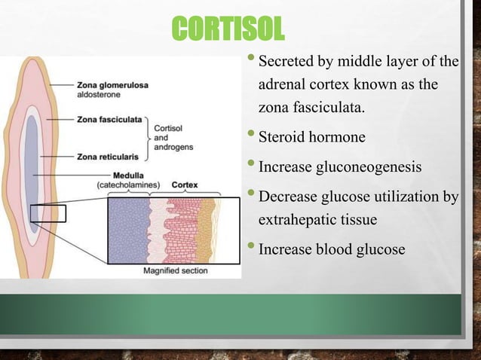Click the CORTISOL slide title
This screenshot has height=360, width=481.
coord(228,30)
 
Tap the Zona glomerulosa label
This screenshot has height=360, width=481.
coord(112,85)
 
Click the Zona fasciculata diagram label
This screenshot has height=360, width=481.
coord(109,119)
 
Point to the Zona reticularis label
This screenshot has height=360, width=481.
coord(107,157)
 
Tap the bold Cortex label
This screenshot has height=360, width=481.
coord(185,184)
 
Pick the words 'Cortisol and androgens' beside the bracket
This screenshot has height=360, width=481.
coord(167,138)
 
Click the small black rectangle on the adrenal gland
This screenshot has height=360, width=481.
coord(48,214)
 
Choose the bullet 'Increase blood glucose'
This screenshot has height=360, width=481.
coord(332,249)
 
